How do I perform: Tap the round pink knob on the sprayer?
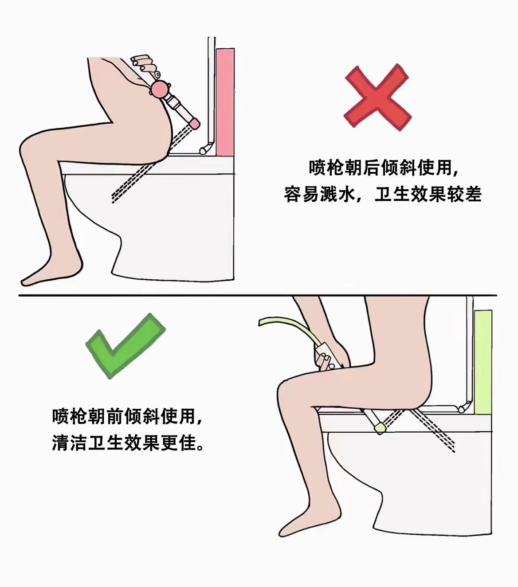point(161,89)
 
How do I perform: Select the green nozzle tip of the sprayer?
point(380,428)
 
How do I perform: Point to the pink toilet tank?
point(225,102)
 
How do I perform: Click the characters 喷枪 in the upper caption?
point(326,168)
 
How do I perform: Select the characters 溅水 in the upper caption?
point(337,194)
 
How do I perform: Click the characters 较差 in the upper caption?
point(464,194)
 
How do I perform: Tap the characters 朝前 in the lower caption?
point(106,417)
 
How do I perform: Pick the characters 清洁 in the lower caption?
point(70,443)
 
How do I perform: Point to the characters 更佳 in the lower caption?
point(179,443)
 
